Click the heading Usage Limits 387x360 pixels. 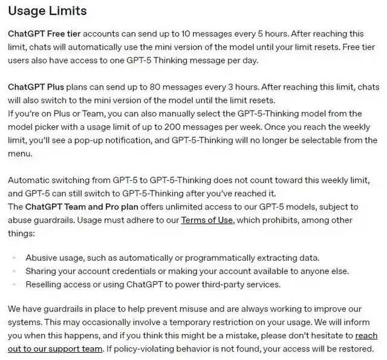pyautogui.click(x=47, y=11)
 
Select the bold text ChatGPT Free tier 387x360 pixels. pyautogui.click(x=44, y=34)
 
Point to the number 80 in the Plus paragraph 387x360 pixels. pyautogui.click(x=136, y=87)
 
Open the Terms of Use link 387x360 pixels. pyautogui.click(x=207, y=220)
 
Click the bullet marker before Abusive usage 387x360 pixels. pyautogui.click(x=13, y=258)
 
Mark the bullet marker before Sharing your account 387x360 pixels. pyautogui.click(x=13, y=271)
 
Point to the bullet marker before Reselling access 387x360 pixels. pyautogui.click(x=13, y=284)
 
